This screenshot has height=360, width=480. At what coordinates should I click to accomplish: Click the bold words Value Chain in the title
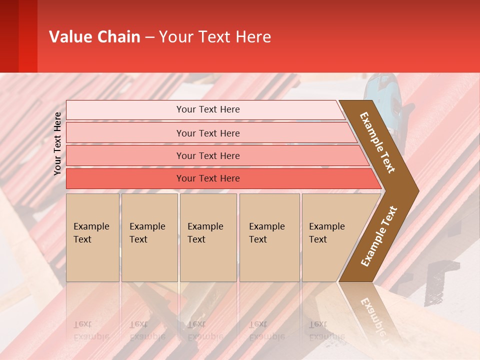coord(94,37)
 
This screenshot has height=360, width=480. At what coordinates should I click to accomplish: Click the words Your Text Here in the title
coord(215,37)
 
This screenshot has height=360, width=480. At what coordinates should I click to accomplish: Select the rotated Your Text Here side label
coord(57,144)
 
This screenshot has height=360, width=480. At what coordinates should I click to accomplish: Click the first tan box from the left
coord(92,237)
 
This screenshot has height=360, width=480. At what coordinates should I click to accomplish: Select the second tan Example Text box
coord(149,237)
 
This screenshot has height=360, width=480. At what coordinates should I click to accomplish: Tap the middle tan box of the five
coord(208,237)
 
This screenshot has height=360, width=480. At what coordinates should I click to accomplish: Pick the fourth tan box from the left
coord(269,237)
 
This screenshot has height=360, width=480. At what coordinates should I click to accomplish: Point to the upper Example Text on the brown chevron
coord(377,142)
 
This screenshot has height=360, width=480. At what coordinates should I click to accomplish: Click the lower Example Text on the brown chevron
coord(379,236)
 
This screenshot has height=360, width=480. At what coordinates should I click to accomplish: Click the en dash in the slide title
coord(149,37)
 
